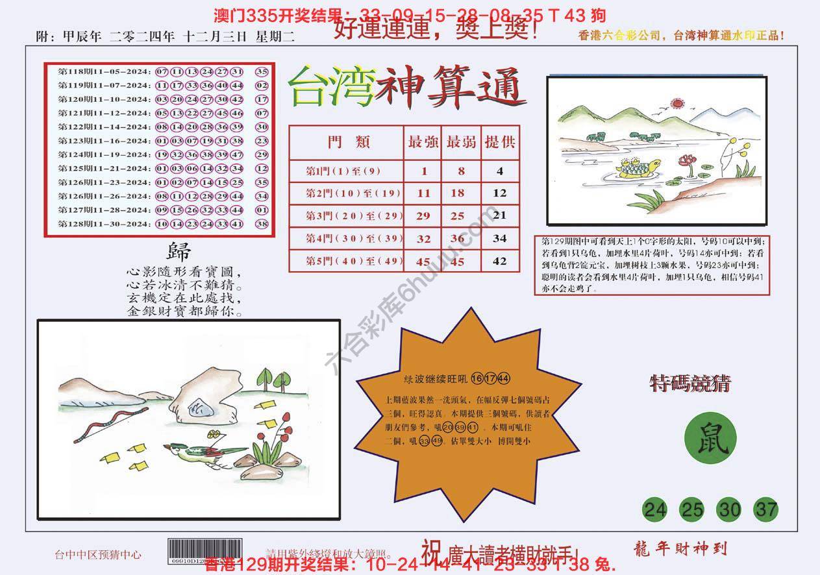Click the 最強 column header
point(423,143)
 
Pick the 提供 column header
point(499,143)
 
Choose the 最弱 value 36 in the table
point(457,239)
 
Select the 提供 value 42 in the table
point(499,262)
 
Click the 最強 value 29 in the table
point(423,216)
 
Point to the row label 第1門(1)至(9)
point(344,171)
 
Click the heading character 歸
point(179,251)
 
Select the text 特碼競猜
point(690,385)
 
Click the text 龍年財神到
point(678,548)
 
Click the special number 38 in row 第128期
point(262,223)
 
